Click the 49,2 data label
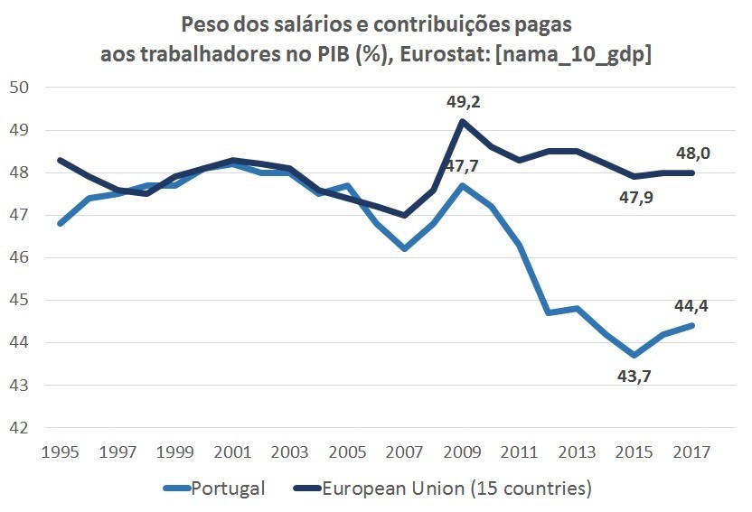(x=463, y=102)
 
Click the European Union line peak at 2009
(x=463, y=121)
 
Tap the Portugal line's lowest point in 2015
(x=636, y=355)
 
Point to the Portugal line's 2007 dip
(x=405, y=248)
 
